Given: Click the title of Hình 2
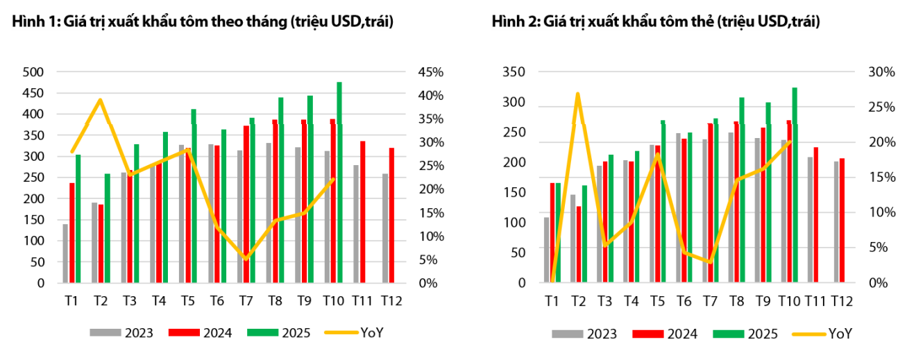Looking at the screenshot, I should [x=656, y=22].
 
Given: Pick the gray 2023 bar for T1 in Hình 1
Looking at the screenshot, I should [x=65, y=253].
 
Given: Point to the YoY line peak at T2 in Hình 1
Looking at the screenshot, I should [x=101, y=100].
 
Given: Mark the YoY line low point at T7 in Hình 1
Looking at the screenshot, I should [x=246, y=259].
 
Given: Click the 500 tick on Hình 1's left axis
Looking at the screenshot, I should [x=33, y=72].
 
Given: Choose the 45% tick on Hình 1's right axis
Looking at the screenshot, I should [x=431, y=72].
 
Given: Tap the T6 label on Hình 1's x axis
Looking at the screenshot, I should [x=217, y=302].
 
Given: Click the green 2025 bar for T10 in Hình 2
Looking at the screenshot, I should [x=795, y=185].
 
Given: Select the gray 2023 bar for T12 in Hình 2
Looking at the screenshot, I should [x=837, y=221].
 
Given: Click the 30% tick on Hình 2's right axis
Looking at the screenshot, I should [x=882, y=72].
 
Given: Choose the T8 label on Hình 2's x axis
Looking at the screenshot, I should [x=737, y=302].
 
